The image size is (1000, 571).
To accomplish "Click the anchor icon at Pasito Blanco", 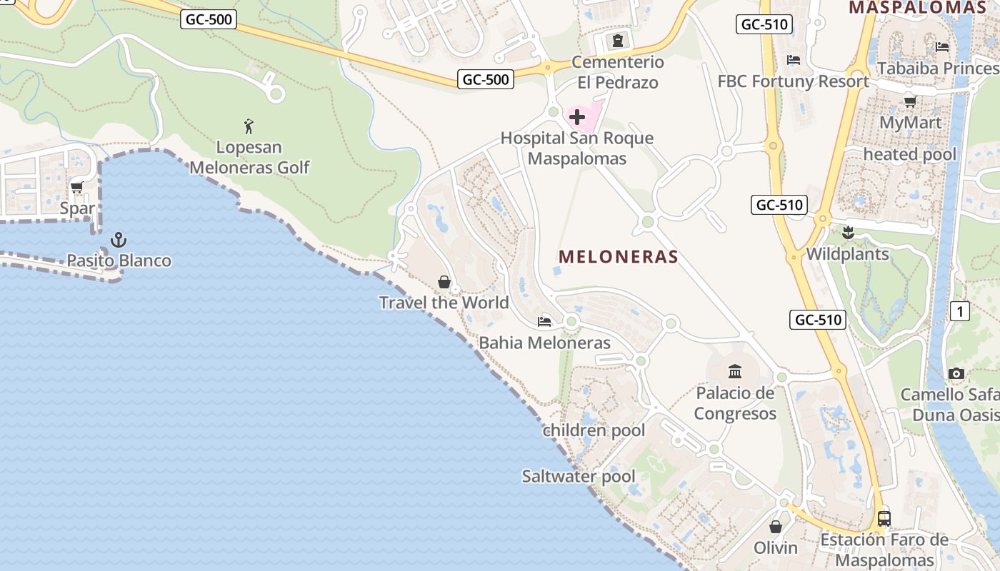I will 119,239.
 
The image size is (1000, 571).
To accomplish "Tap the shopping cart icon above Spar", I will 77,188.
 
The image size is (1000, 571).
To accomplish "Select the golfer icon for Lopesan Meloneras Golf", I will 249,126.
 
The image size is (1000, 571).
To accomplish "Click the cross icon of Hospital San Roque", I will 577,116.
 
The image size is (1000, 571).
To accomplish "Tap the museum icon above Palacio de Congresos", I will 735,371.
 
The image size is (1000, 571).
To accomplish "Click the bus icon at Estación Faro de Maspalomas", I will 884,518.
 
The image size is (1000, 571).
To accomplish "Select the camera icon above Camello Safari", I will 956,373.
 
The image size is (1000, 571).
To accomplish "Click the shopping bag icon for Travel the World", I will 444,282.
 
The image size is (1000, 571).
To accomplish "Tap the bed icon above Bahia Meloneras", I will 544,322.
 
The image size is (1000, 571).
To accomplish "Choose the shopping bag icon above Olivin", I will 776,527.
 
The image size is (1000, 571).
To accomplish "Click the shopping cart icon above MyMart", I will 911,101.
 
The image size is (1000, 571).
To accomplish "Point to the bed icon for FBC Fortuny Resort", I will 793,60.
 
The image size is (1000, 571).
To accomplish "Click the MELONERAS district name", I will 619,257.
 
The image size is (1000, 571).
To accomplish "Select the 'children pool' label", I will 594,430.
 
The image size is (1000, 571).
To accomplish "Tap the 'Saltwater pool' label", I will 579,476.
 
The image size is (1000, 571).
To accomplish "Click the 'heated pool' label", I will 909,154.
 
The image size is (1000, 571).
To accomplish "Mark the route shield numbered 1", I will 960,311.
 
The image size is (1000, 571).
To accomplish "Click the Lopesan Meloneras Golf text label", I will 249,158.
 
